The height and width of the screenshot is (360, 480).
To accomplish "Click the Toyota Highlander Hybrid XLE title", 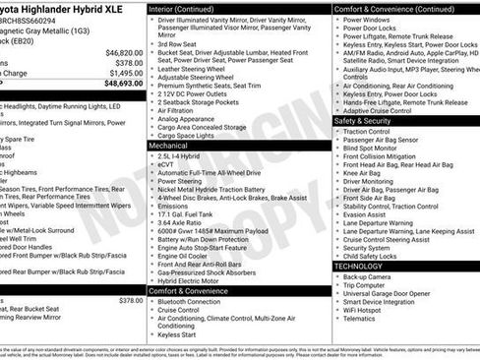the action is pos(59,8).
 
